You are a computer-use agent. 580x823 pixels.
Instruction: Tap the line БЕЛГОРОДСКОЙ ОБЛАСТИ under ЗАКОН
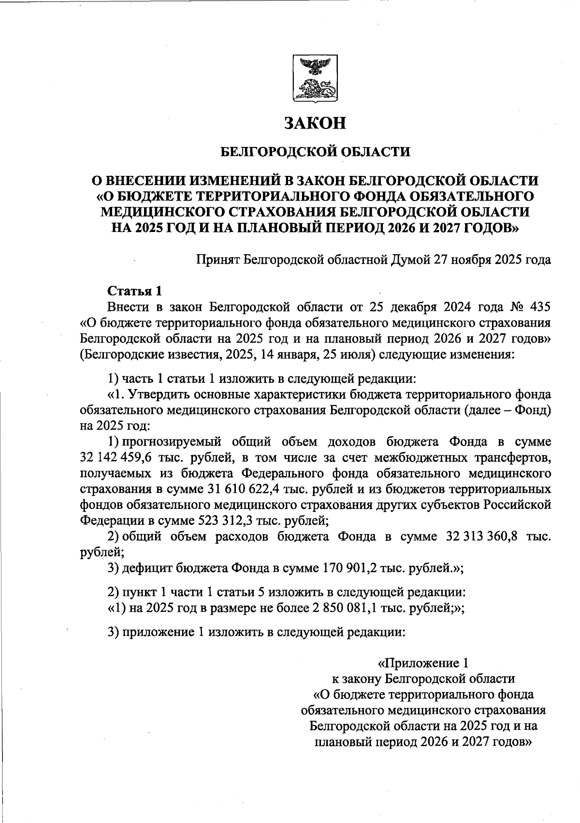tap(315, 152)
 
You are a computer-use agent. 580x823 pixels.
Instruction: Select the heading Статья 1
tap(134, 291)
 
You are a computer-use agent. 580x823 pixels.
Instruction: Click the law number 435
tap(537, 307)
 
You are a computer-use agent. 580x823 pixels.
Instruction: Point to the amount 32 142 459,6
tap(115, 457)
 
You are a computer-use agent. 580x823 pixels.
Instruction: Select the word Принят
tap(217, 260)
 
